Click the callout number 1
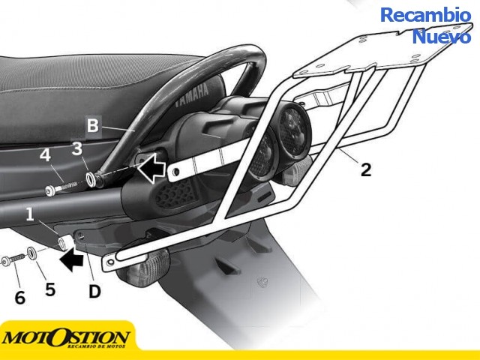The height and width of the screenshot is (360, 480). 30,214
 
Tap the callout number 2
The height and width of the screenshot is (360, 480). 366,169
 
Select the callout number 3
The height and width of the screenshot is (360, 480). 76,148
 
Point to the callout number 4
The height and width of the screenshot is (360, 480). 45,155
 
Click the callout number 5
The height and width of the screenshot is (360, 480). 50,289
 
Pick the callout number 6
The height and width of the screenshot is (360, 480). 20,298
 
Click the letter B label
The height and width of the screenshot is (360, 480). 93,125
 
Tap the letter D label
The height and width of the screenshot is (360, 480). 94,291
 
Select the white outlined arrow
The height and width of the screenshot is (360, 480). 151,168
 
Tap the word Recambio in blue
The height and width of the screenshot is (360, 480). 425,15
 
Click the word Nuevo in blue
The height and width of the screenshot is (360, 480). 442,37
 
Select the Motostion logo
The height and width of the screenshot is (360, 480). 65,338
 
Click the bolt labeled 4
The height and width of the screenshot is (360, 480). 61,187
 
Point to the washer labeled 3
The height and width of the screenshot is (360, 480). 91,179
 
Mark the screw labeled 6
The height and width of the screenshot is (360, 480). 13,260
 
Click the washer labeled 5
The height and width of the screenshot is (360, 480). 31,253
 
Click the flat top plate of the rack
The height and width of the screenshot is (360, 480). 382,52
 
